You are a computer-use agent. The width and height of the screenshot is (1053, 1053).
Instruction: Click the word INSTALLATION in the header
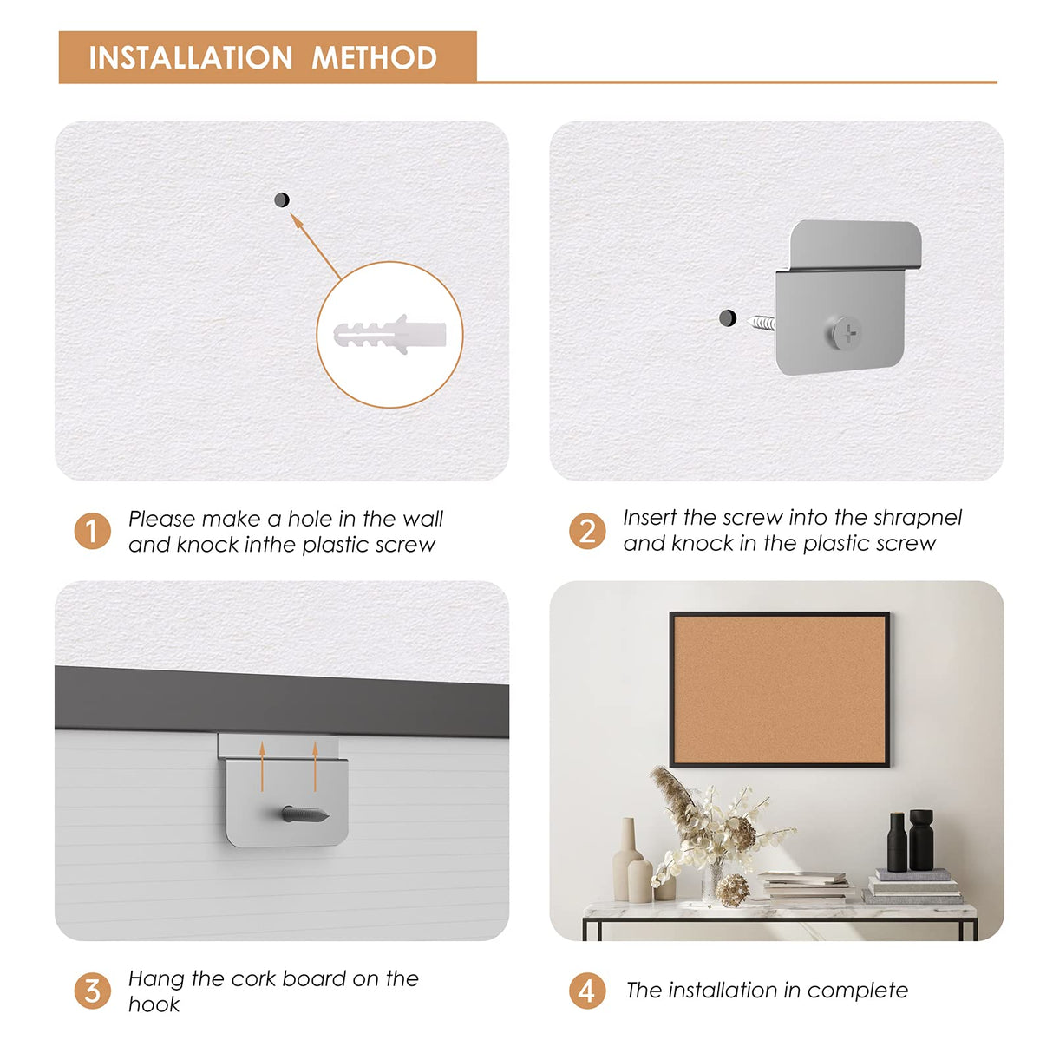coord(190,57)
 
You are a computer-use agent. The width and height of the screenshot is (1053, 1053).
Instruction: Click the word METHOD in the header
coord(375,57)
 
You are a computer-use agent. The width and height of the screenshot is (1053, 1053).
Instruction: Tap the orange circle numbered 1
coord(92,531)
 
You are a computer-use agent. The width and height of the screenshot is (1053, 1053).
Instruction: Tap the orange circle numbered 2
coord(587,531)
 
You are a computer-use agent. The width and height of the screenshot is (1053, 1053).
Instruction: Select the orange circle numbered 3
coord(92,991)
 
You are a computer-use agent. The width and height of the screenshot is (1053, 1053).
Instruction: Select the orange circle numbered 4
coord(587,991)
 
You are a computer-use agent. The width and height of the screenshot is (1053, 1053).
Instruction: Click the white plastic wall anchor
coord(389,335)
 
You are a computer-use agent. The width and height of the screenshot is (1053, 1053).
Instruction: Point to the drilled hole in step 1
coord(282,200)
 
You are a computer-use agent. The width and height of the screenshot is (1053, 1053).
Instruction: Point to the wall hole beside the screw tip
coord(728,317)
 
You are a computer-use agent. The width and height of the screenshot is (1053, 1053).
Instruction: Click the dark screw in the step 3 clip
coord(305,814)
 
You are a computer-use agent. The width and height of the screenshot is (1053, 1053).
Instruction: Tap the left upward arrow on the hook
coord(262,766)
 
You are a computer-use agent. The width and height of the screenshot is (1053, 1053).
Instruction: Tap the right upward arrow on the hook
coord(315,766)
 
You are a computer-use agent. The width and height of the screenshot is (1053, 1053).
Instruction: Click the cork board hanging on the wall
coord(779,690)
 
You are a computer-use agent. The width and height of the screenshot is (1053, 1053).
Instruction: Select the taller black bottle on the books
coord(921,840)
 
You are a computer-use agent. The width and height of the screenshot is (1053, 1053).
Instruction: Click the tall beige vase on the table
coord(625,860)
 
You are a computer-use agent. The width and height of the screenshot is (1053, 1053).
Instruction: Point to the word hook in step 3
coord(154,1004)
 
